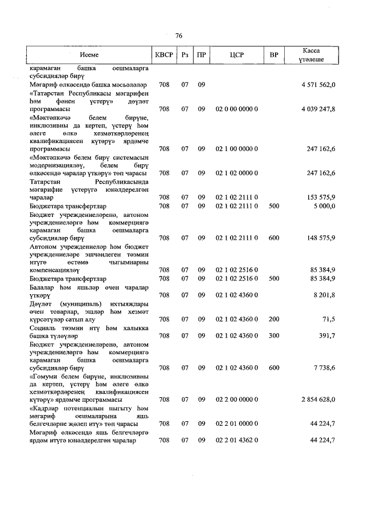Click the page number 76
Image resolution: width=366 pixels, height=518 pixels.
[179, 35]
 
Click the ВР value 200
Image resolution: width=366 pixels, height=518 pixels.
[274, 319]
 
